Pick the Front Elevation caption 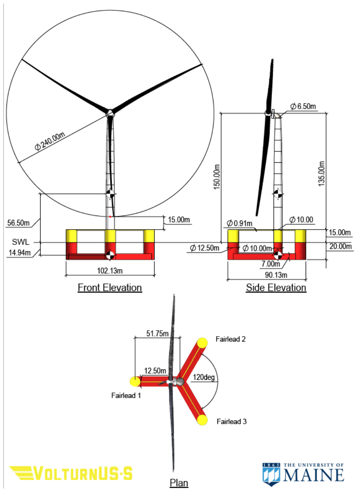(110, 288)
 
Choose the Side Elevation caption (276, 288)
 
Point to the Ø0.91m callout (240, 223)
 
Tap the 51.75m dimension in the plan (157, 334)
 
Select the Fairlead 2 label (230, 339)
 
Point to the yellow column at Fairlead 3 (202, 420)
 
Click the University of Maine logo (303, 472)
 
